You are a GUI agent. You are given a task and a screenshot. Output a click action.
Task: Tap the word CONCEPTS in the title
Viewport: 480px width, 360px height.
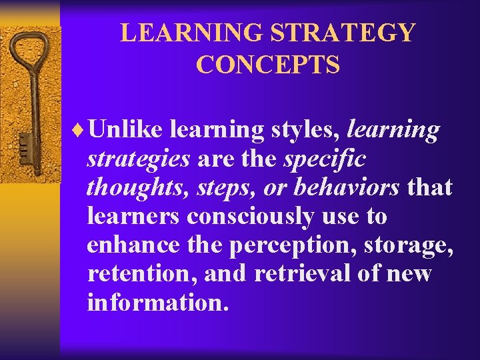[268, 65]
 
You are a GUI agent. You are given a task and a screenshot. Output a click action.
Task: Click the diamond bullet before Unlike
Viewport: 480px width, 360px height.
[81, 131]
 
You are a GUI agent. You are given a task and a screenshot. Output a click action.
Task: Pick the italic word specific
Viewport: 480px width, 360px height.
[324, 159]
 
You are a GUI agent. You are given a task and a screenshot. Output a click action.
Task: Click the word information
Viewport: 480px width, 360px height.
[158, 302]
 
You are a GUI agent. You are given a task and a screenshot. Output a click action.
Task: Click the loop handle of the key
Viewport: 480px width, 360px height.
[27, 52]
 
